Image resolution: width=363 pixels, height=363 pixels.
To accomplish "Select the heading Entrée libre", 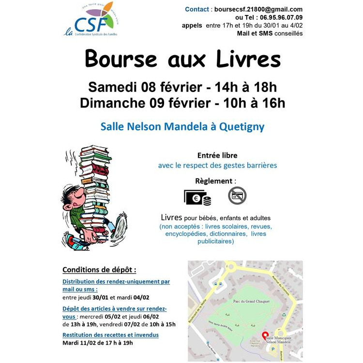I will [217, 155].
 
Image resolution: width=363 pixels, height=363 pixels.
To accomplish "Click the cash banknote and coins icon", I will [197, 197].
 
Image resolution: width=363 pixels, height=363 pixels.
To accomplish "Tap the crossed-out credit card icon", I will [237, 196].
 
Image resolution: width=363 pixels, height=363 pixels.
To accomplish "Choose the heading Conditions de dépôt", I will [99, 270].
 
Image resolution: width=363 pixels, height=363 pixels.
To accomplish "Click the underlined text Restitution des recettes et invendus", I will [110, 335].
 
